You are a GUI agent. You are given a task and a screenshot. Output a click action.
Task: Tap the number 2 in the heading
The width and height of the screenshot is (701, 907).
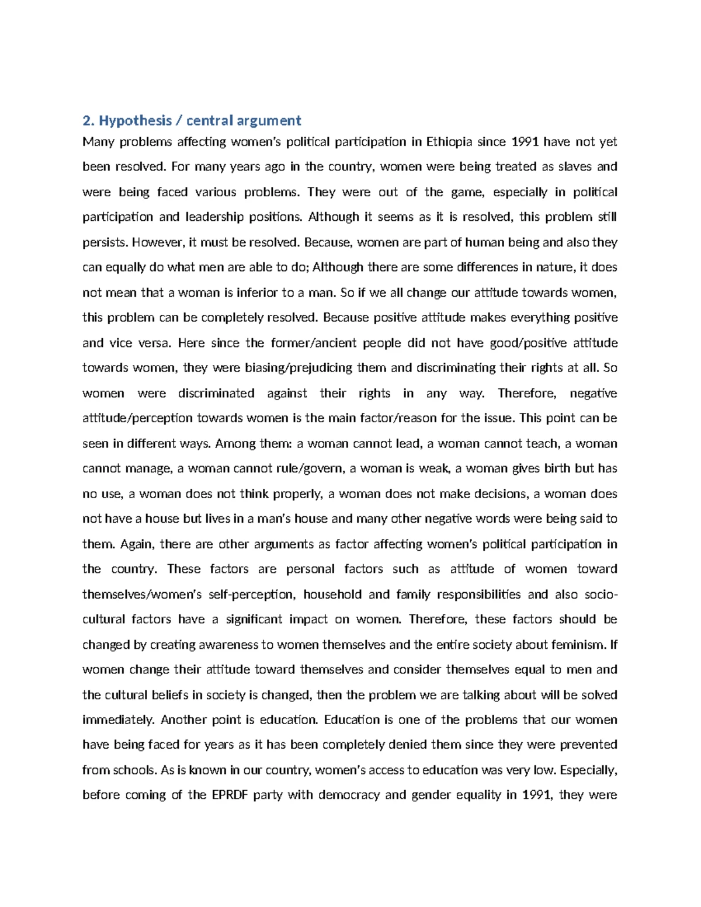tap(87, 121)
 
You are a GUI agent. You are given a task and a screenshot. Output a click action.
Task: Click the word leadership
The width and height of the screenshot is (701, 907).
tap(214, 217)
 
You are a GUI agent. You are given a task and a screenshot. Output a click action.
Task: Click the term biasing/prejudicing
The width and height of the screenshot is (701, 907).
tap(290, 368)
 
